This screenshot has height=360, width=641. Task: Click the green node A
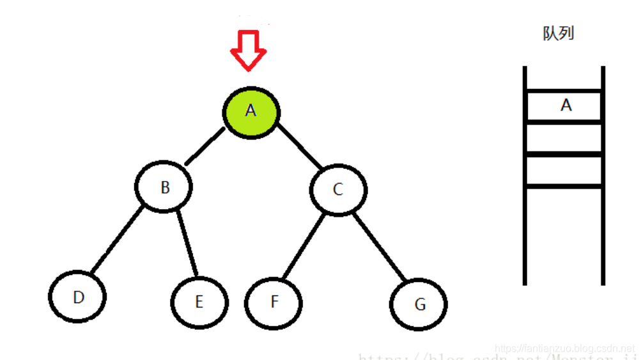(251, 111)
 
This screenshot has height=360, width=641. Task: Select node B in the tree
(164, 187)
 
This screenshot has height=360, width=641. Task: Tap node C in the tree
(338, 190)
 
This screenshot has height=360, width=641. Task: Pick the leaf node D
(78, 297)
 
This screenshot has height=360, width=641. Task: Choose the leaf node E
(199, 302)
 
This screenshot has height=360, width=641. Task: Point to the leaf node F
(274, 302)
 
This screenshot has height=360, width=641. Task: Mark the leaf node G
(419, 304)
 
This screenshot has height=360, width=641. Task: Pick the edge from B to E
(187, 245)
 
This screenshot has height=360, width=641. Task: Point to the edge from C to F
(303, 246)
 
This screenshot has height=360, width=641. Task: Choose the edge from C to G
(380, 247)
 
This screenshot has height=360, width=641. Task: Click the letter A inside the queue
(566, 106)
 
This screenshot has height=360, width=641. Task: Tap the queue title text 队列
(558, 34)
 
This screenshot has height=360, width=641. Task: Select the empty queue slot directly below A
(564, 138)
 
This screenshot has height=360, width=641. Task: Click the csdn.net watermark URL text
(565, 348)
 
